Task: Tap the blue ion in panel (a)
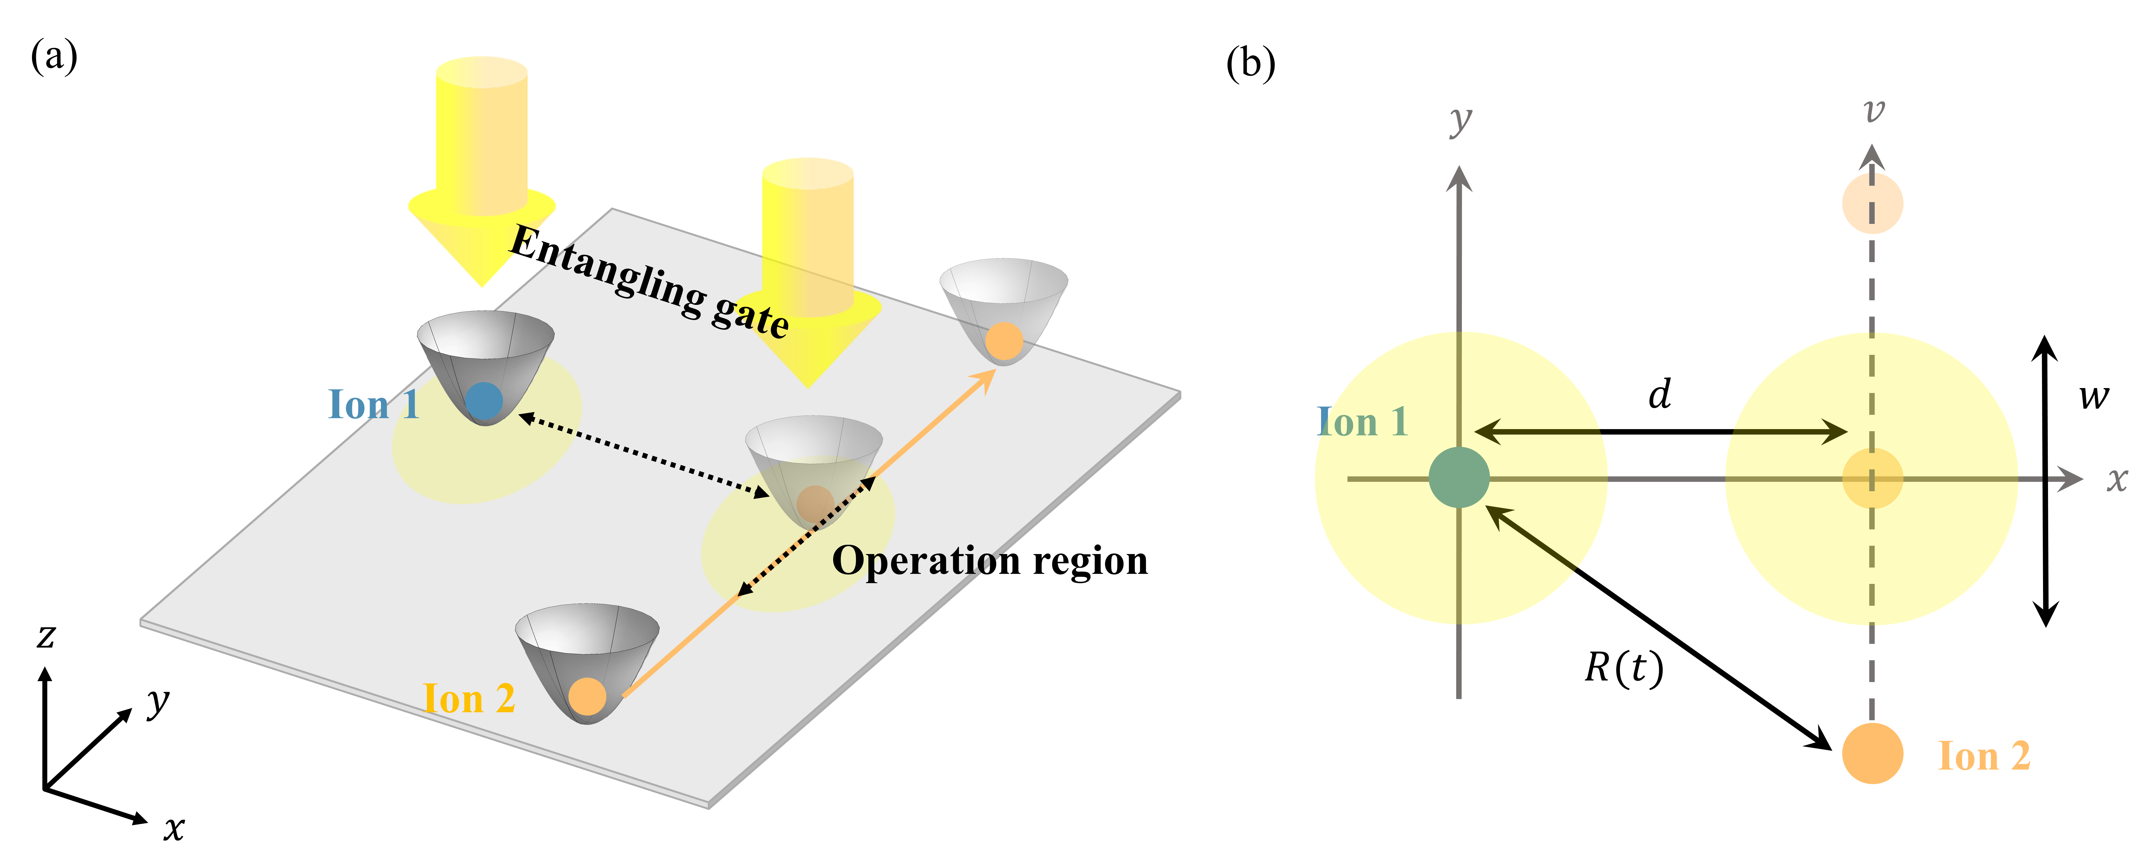click(x=484, y=401)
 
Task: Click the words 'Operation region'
click(x=990, y=561)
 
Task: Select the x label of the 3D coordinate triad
click(x=174, y=828)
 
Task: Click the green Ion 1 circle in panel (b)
click(x=1458, y=477)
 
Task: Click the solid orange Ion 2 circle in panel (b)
click(x=1872, y=753)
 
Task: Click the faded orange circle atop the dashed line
click(x=1872, y=203)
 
